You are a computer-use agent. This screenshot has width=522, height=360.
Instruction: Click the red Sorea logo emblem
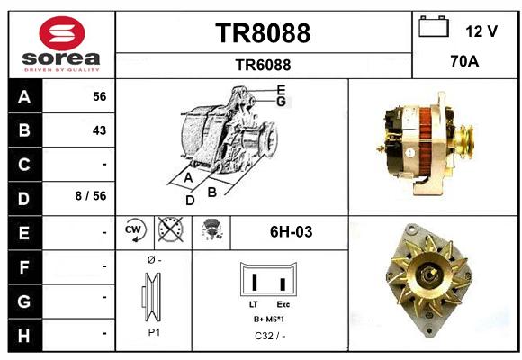62,33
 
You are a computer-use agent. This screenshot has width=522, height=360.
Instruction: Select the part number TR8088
263,33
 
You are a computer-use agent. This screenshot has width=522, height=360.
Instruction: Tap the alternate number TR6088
263,65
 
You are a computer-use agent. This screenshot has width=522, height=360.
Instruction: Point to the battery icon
434,26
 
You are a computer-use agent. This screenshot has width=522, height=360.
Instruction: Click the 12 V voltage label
481,31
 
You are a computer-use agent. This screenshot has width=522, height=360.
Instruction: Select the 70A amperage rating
464,61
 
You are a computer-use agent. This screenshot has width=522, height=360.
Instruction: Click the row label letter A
24,97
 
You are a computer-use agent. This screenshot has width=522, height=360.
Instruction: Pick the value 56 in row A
100,96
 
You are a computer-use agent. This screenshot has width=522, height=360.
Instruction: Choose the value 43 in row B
100,130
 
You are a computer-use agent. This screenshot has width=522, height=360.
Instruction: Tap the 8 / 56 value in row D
91,196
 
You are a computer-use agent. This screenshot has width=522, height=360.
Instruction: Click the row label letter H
24,336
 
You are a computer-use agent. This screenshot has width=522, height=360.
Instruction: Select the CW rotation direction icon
134,230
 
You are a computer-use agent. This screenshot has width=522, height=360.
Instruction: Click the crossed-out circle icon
170,229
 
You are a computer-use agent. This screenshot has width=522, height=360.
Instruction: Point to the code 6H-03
291,232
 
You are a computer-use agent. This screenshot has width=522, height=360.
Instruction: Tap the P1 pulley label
154,332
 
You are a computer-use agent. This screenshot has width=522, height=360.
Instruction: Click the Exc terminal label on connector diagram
283,304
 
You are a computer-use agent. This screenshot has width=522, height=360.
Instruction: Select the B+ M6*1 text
269,319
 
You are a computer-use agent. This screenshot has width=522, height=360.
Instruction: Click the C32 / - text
270,336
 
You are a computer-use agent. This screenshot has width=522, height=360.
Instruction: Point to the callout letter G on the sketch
282,102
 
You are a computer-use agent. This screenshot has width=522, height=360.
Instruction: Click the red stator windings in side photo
425,141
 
